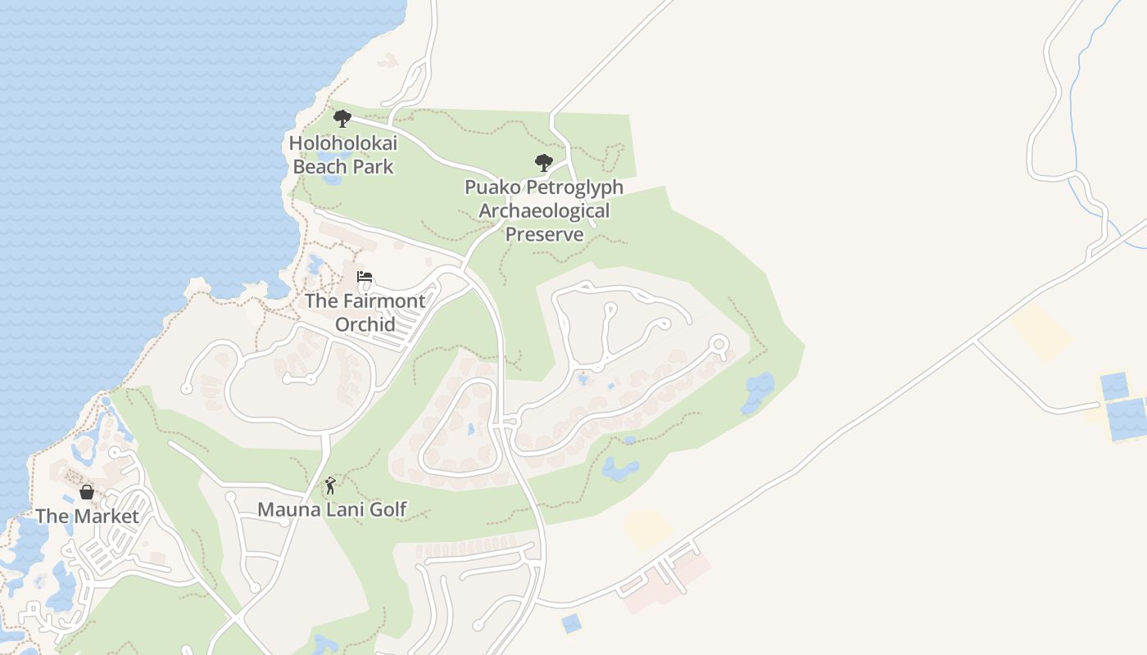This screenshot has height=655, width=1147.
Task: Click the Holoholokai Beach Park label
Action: (x=343, y=155)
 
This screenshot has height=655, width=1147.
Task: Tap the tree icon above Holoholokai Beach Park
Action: (x=342, y=119)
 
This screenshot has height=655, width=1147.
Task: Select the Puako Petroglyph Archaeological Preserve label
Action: (x=544, y=210)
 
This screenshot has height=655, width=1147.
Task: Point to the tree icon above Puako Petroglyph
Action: (x=543, y=163)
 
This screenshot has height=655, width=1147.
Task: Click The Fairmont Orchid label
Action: (x=365, y=312)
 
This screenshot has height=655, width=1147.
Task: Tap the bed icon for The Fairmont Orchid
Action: (x=365, y=277)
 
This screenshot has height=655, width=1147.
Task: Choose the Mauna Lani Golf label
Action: (x=332, y=509)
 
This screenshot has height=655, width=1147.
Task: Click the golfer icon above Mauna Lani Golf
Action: (x=330, y=486)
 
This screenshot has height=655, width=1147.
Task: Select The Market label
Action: (x=87, y=517)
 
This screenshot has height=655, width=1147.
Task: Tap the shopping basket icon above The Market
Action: (x=87, y=492)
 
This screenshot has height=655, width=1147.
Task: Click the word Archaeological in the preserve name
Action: (x=544, y=210)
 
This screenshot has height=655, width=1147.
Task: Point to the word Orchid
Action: (x=365, y=324)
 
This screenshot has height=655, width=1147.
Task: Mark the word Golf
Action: (x=388, y=509)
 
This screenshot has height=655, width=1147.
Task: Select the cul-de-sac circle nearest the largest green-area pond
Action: (x=719, y=344)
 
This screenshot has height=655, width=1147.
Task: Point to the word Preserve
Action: (x=544, y=234)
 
